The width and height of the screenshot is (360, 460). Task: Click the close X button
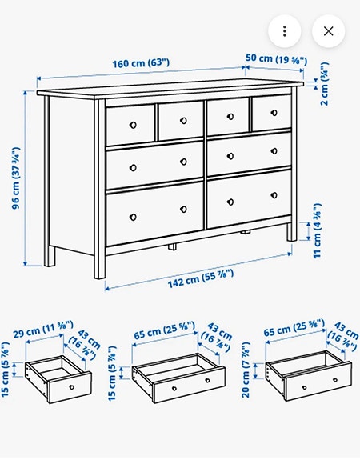328,31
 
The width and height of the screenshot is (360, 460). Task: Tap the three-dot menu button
285,31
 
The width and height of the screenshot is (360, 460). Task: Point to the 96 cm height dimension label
16,178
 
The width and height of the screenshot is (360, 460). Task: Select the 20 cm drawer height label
254,379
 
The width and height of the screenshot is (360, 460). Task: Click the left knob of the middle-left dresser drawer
134,167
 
